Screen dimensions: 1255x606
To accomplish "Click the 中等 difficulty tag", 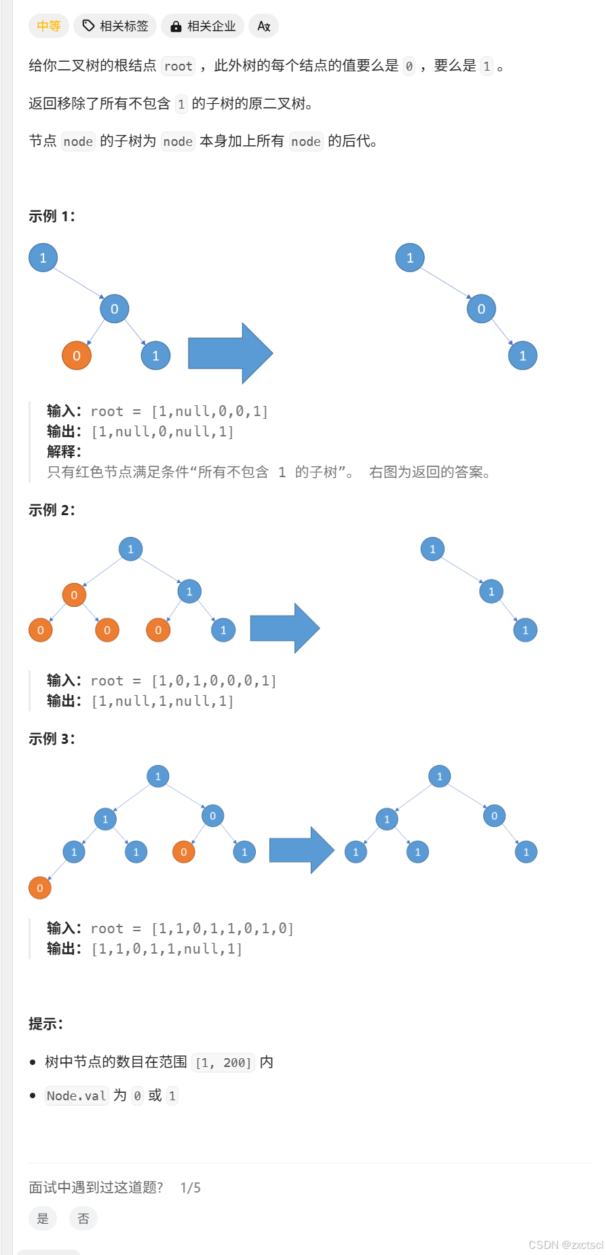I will (49, 26).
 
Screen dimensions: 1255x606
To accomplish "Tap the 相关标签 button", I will (115, 26).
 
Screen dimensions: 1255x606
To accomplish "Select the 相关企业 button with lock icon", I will (203, 26).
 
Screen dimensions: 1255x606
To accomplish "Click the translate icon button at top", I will (264, 26).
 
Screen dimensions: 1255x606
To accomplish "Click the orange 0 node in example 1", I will (77, 356).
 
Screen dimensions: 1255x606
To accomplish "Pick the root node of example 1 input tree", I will (43, 258).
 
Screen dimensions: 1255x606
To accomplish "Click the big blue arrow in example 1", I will (230, 353).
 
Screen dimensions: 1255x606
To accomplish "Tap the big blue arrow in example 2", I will (284, 628).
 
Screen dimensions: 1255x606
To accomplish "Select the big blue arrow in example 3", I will (301, 850).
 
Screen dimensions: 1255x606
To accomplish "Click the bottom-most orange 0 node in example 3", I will (40, 888).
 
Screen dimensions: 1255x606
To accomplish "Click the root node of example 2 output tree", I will (432, 549).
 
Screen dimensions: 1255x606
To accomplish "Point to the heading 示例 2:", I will (52, 510).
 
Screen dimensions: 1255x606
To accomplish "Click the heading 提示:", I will (45, 1024).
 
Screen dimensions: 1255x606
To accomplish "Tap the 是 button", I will (43, 1218).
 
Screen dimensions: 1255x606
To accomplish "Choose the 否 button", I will (83, 1218).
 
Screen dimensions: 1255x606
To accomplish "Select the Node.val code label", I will (76, 1095).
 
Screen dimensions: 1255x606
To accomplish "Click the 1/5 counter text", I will (190, 1187).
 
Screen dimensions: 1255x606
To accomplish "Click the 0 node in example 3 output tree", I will (494, 816).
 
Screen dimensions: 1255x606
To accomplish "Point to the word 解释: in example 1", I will (64, 451).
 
